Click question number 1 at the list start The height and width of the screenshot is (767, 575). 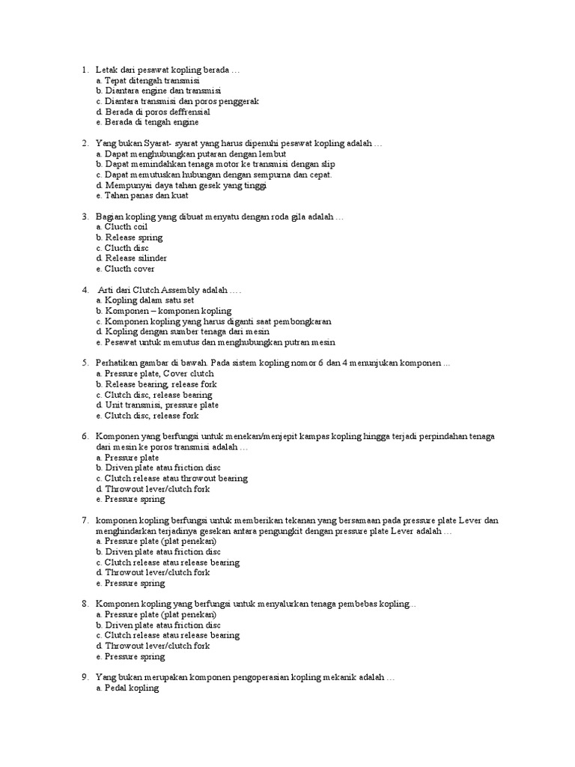85,70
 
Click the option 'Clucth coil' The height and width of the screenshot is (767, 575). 127,227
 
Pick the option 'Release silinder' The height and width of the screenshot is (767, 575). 136,258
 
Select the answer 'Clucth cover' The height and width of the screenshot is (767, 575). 130,269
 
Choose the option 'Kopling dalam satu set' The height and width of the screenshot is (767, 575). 147,300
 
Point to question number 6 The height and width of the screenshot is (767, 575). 85,436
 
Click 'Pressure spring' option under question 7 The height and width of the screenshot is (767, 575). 135,583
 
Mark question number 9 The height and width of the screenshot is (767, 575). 85,677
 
